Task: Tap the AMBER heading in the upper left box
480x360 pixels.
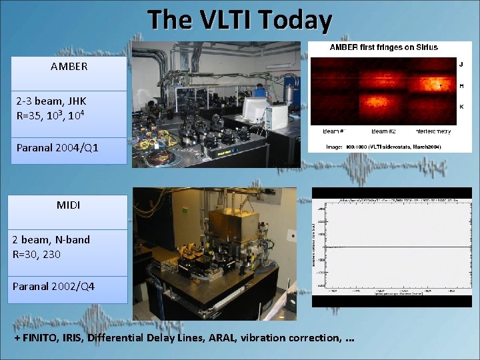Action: pyautogui.click(x=69, y=67)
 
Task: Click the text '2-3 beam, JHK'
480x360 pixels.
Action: pyautogui.click(x=51, y=101)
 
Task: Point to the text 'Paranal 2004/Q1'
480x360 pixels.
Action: pyautogui.click(x=57, y=147)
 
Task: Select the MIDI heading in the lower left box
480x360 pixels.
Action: pyautogui.click(x=68, y=205)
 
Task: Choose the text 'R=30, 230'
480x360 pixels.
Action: pyautogui.click(x=39, y=253)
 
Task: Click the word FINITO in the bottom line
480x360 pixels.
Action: pyautogui.click(x=41, y=338)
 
